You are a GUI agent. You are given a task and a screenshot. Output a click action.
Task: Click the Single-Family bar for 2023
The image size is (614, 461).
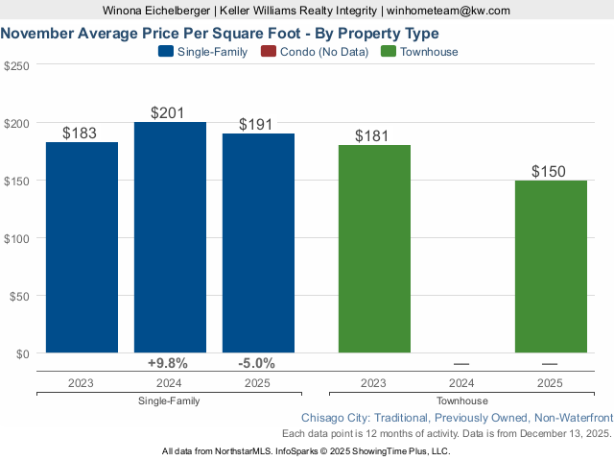pyautogui.click(x=82, y=247)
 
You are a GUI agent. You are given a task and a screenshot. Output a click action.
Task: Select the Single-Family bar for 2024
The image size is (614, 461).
pyautogui.click(x=170, y=237)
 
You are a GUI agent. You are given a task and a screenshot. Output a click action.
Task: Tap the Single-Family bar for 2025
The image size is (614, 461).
pyautogui.click(x=258, y=243)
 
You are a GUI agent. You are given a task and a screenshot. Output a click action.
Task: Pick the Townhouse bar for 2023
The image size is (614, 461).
pyautogui.click(x=374, y=249)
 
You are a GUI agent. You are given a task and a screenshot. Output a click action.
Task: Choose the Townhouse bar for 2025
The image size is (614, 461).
pyautogui.click(x=551, y=266)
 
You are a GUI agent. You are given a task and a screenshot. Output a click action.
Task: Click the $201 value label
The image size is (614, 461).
pyautogui.click(x=170, y=113)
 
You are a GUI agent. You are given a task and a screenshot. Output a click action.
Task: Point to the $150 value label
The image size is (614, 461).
pyautogui.click(x=551, y=172)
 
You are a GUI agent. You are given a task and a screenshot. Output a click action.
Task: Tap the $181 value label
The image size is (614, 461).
pyautogui.click(x=374, y=136)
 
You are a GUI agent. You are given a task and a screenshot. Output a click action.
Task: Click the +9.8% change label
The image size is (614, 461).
pyautogui.click(x=168, y=363)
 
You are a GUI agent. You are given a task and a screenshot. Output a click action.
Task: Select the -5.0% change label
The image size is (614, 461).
pyautogui.click(x=256, y=363)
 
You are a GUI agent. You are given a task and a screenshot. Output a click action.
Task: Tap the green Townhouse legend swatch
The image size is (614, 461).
pyautogui.click(x=390, y=52)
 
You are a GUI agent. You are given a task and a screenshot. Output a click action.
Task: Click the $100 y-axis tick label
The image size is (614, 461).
pyautogui.click(x=16, y=238)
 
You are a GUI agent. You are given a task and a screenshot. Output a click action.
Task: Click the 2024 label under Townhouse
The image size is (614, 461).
pyautogui.click(x=461, y=382)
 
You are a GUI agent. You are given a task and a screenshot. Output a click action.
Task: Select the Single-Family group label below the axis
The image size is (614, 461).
pyautogui.click(x=169, y=400)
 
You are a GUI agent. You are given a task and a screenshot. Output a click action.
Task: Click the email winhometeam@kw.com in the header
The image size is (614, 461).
pyautogui.click(x=448, y=11)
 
